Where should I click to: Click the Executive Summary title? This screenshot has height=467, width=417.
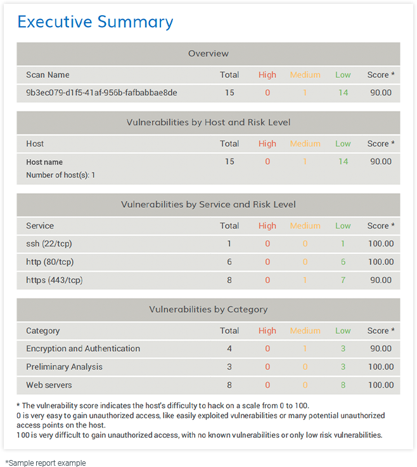[95, 22]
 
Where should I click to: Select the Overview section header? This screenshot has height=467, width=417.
[208, 53]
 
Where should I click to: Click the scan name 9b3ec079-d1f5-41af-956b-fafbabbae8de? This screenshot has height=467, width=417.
[101, 93]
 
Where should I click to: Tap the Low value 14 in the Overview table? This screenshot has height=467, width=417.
[343, 93]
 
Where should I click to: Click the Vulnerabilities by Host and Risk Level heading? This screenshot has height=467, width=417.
[208, 122]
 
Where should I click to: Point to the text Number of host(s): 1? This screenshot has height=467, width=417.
[60, 174]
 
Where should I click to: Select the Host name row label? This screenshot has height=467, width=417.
[44, 162]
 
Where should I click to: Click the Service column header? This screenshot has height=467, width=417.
[40, 226]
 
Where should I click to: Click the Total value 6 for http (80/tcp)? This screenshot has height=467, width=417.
[229, 262]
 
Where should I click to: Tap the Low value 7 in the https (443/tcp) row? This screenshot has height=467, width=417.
[343, 279]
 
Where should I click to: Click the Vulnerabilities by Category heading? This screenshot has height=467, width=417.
[208, 309]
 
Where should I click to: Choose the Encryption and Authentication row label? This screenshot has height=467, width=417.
[83, 349]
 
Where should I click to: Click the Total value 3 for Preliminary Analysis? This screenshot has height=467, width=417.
[229, 367]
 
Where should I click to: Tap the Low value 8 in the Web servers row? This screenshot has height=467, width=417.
[343, 385]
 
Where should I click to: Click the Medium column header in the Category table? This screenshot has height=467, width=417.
[305, 331]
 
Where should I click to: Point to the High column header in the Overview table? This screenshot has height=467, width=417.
[267, 75]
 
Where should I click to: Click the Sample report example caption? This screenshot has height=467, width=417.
[45, 463]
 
